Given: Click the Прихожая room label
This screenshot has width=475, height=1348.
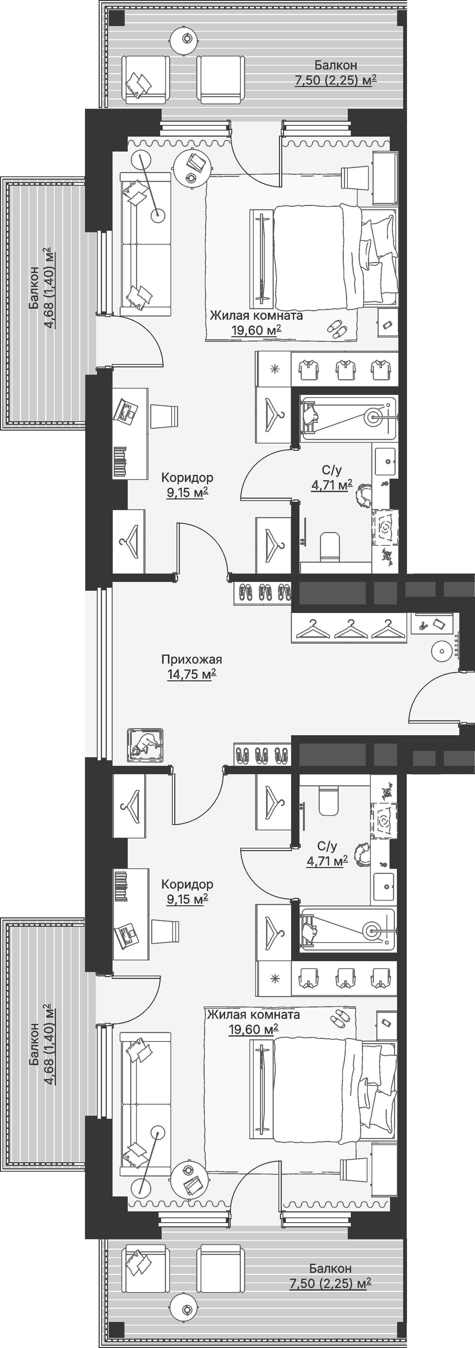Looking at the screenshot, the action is click(x=191, y=660).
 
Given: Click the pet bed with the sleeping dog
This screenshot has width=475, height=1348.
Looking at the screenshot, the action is click(x=145, y=745).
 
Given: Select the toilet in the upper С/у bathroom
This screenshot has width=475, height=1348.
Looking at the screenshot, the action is click(x=329, y=547).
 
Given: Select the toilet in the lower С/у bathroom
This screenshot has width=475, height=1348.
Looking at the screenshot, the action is click(x=329, y=801).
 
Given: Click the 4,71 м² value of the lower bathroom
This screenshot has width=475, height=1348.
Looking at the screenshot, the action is click(x=327, y=861).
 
